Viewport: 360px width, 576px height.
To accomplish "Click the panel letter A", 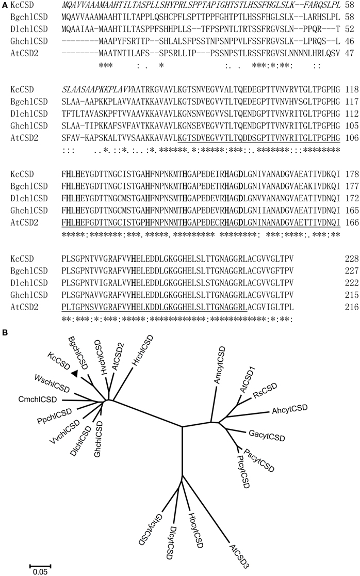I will pos(4,4).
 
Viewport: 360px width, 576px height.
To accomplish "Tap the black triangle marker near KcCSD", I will pos(75,388).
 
